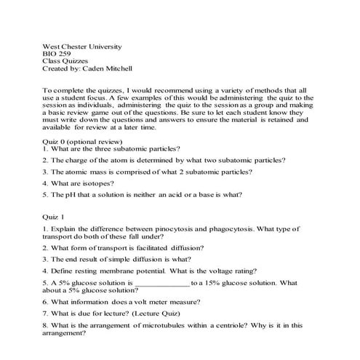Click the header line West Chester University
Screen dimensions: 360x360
pos(84,47)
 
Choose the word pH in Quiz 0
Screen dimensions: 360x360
pos(70,195)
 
